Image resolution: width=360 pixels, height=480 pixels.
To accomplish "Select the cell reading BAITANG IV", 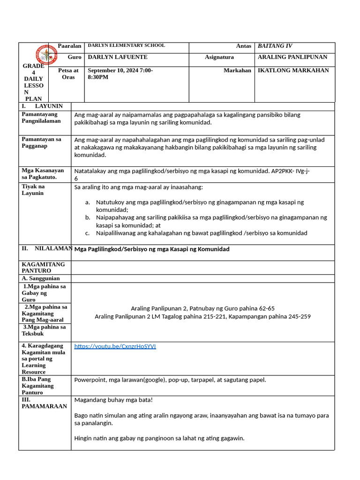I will point(275,46).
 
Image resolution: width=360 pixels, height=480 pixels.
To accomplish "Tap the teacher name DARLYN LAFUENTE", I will point(118,57).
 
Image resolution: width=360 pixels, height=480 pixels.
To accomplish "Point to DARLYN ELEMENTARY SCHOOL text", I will point(127,45).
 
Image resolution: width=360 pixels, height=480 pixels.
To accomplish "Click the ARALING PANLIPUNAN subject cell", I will point(292,57).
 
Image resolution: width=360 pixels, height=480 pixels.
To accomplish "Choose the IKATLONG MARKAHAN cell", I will point(293,70).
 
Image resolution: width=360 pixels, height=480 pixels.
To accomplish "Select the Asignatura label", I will point(219,57).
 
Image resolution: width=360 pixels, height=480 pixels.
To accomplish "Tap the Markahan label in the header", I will point(237,70).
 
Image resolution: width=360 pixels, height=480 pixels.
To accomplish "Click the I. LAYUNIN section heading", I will point(42,106).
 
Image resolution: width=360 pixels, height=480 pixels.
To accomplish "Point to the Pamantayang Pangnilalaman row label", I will point(41,117).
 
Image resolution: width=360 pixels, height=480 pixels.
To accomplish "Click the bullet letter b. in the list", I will point(87,217).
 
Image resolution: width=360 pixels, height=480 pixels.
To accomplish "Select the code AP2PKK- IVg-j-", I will point(290,171).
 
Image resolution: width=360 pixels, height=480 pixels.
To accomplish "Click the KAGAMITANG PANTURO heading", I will point(43,267).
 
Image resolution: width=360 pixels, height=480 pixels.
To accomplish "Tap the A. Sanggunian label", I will point(41,278).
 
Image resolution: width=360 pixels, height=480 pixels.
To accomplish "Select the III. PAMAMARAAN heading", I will point(44,403).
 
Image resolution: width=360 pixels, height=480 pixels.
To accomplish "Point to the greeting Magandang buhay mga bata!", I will point(113,400).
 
